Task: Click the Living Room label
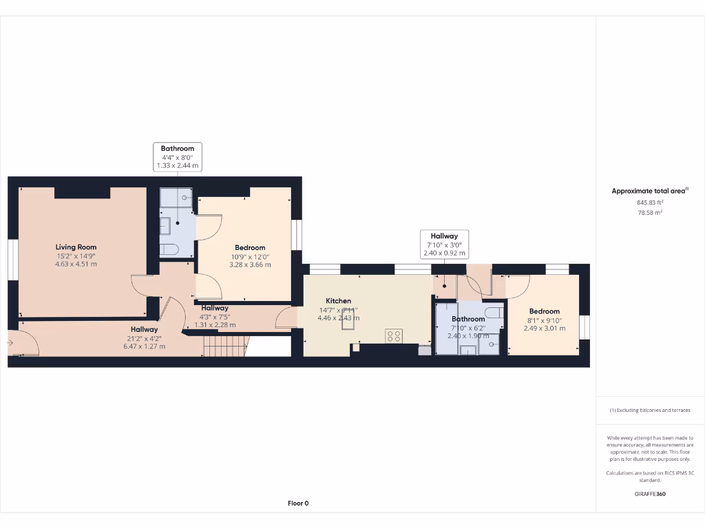pyautogui.click(x=76, y=247)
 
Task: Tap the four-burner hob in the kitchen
pyautogui.click(x=394, y=336)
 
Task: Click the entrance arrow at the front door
pyautogui.click(x=11, y=342)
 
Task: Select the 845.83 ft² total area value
pyautogui.click(x=650, y=203)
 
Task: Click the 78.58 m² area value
pyautogui.click(x=650, y=213)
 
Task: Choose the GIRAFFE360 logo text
pyautogui.click(x=650, y=494)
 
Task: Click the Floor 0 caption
pyautogui.click(x=298, y=504)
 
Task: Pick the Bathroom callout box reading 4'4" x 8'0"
pyautogui.click(x=178, y=157)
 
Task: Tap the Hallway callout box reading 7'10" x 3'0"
pyautogui.click(x=445, y=245)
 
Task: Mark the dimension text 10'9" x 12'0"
pyautogui.click(x=250, y=256)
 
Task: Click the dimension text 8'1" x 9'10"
pyautogui.click(x=545, y=320)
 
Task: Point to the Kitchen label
pyautogui.click(x=339, y=301)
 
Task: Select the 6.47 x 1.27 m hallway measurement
pyautogui.click(x=145, y=346)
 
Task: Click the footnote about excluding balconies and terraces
pyautogui.click(x=650, y=410)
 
